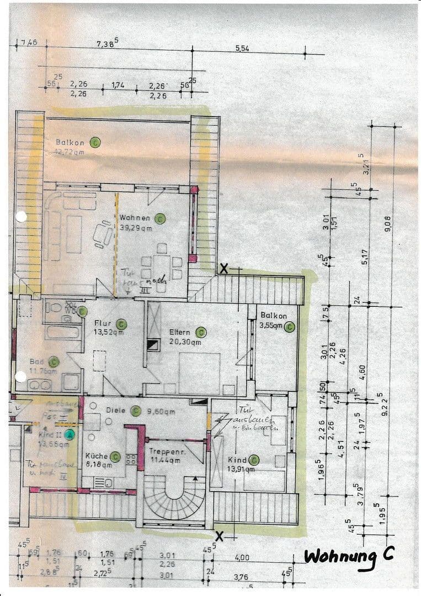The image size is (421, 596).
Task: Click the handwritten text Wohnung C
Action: click(x=349, y=556)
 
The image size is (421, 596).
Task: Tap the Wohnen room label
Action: click(x=135, y=218)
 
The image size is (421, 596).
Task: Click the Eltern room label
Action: click(x=180, y=332)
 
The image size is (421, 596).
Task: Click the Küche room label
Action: click(x=96, y=457)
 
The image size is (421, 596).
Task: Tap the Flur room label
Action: click(x=103, y=323)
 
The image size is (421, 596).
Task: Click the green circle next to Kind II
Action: click(x=70, y=434)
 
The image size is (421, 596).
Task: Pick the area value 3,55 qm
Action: click(x=271, y=326)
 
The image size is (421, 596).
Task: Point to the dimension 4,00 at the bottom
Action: click(x=242, y=558)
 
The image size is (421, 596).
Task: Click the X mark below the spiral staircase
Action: click(x=220, y=536)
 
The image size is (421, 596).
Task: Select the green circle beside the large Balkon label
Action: click(x=95, y=142)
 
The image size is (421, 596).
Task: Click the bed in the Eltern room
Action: click(x=199, y=372)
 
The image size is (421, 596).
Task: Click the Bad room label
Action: click(x=36, y=363)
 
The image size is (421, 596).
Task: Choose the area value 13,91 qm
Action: click(x=242, y=470)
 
